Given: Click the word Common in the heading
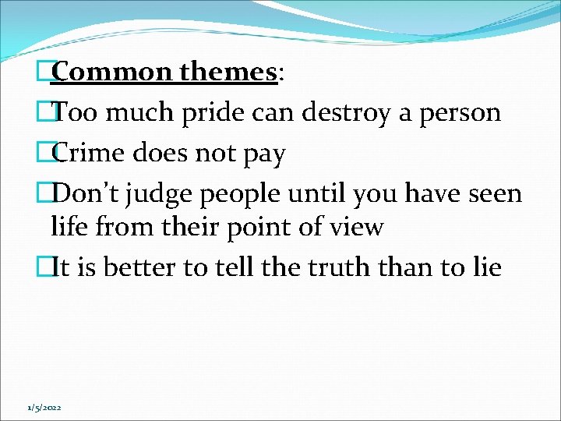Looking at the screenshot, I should point(112,73).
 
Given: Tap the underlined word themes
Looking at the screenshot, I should point(228,73).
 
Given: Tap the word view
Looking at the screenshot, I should point(358,227).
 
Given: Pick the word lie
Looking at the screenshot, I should point(484,267).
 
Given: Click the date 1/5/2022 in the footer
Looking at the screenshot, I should point(44,408).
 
